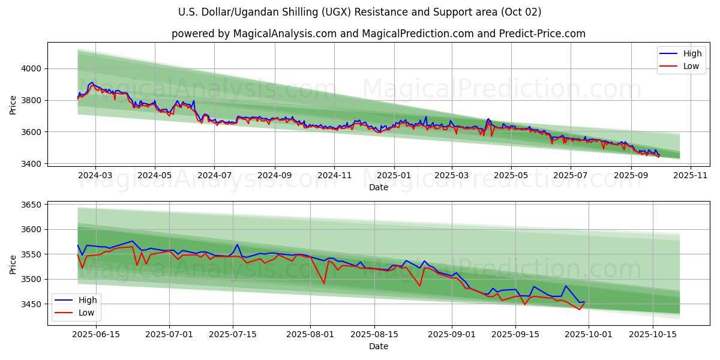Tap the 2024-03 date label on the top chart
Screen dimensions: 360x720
point(95,175)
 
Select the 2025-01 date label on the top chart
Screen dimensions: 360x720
point(394,175)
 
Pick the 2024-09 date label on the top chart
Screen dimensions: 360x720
point(275,175)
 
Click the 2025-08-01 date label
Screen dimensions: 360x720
point(311,335)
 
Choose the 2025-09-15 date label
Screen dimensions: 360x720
point(515,335)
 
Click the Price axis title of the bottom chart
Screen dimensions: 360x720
point(13,263)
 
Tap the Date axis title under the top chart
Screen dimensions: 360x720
point(378,187)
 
